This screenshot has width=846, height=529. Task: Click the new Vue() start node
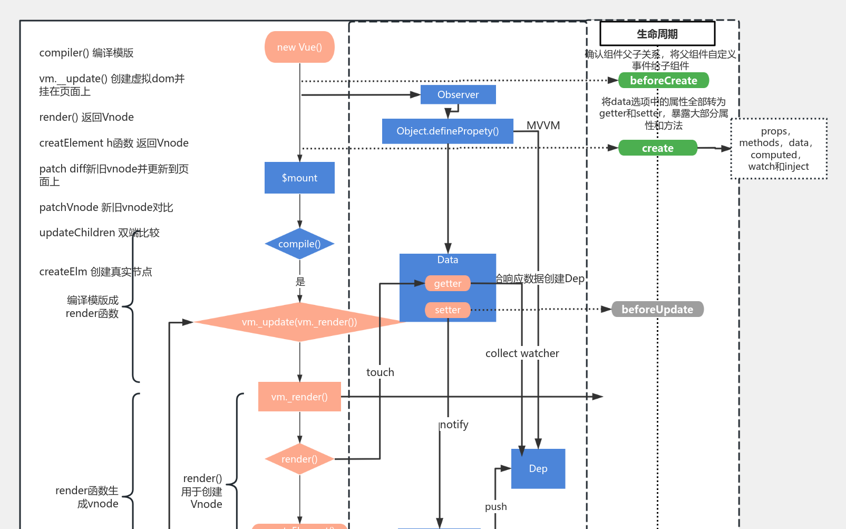click(x=299, y=47)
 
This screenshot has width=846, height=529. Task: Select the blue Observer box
click(x=458, y=94)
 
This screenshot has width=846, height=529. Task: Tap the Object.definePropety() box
click(x=448, y=131)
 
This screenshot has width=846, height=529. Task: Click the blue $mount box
click(x=299, y=178)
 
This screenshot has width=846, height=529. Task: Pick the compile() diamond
click(x=299, y=244)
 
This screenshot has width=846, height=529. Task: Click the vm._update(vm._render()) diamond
click(x=299, y=322)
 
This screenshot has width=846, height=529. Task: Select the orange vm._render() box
click(x=299, y=397)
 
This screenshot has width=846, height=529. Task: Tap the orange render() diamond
click(x=299, y=459)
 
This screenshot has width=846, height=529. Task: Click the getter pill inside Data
click(x=448, y=283)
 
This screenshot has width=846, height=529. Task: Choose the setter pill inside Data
click(x=448, y=310)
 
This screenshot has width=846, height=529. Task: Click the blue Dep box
click(x=538, y=468)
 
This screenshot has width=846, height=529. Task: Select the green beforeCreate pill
click(x=663, y=80)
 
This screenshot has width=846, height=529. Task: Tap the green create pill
click(x=657, y=148)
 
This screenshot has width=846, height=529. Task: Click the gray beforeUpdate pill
click(x=657, y=309)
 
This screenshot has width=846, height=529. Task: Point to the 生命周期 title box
click(x=657, y=34)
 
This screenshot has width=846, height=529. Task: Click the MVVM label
click(x=543, y=126)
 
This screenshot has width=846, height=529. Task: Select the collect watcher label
click(x=522, y=353)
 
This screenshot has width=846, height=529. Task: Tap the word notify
click(x=454, y=425)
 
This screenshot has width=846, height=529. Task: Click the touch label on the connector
click(x=380, y=372)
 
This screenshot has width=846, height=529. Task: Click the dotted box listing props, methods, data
click(x=779, y=149)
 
